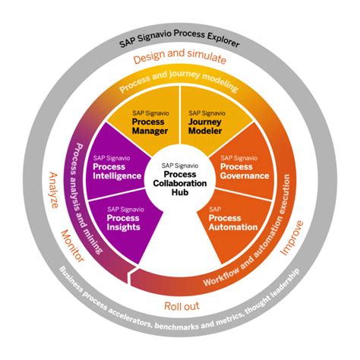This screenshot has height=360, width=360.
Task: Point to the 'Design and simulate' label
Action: pos(180,58)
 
